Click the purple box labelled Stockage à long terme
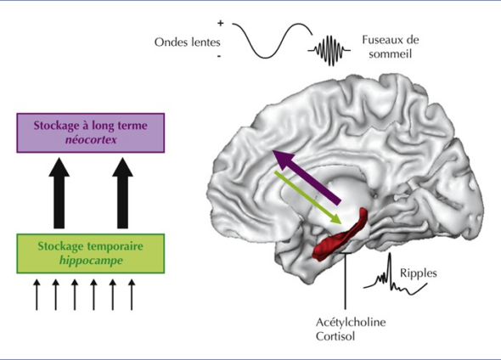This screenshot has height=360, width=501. (90, 133)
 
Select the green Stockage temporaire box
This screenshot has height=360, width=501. (90, 254)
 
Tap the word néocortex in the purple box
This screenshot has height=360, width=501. (91, 140)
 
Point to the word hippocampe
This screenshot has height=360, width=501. (91, 261)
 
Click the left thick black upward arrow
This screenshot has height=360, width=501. (59, 193)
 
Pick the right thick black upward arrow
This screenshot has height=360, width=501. (122, 193)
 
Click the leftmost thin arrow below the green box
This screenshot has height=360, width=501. (37, 295)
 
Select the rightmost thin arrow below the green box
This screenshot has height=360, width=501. (132, 295)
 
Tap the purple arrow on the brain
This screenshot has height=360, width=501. (307, 177)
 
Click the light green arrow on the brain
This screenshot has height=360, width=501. (308, 198)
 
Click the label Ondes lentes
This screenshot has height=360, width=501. (188, 42)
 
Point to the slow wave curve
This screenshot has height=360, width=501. (272, 41)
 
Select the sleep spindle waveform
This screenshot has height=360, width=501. (329, 50)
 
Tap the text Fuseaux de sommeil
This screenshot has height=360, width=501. (390, 47)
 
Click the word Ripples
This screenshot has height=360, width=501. (419, 273)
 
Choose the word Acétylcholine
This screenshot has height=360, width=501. (351, 323)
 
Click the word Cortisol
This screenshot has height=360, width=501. (335, 336)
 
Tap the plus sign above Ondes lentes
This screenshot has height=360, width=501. (221, 23)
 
